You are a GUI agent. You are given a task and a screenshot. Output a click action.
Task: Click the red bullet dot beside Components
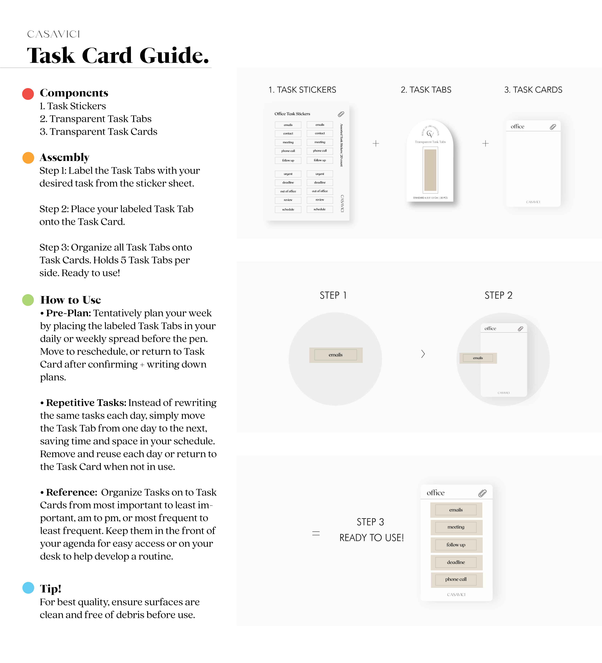pos(28,94)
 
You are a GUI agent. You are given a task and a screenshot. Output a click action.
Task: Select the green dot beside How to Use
pos(28,300)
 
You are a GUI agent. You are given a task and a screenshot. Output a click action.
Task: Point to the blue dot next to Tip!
pos(28,588)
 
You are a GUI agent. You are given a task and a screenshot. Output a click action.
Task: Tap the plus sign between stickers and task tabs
pos(375,143)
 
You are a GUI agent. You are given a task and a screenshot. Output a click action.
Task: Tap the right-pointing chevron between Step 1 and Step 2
pos(423,354)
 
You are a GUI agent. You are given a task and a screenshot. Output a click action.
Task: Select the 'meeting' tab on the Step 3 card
pos(456,527)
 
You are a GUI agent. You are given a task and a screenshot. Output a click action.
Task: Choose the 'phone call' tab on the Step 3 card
pos(456,579)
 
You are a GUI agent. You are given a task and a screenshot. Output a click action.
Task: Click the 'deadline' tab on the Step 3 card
pos(456,562)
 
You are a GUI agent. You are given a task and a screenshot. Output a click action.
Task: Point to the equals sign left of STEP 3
pos(316,533)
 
